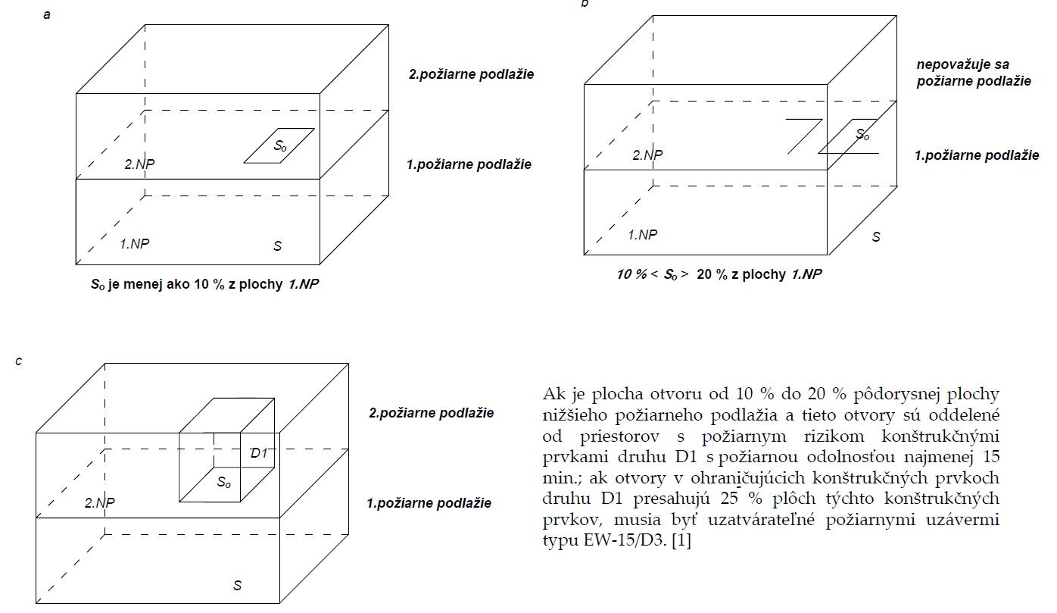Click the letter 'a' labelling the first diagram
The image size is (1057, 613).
pos(47,14)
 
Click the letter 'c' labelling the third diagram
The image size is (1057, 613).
pos(19,361)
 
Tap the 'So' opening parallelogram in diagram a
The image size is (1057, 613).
pos(279,145)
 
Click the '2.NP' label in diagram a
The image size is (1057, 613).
pos(139,164)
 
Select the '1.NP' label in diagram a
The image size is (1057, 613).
pos(135,244)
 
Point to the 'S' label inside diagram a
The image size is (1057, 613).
pos(278,246)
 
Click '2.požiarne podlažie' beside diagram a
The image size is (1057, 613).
pos(471,74)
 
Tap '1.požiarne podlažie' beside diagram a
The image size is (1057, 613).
pos(469,164)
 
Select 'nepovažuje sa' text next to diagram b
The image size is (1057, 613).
pos(962,65)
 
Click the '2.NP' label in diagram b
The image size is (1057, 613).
pos(647,155)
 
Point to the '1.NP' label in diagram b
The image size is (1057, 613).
pos(643,235)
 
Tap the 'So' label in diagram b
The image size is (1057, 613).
pos(862,135)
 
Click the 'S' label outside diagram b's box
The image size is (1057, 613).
pos(876,237)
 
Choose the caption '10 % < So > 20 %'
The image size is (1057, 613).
pos(719,275)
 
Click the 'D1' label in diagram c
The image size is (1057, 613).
pos(259,453)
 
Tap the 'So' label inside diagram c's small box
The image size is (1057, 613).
pos(224,482)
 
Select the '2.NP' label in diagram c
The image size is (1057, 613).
pos(99,502)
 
